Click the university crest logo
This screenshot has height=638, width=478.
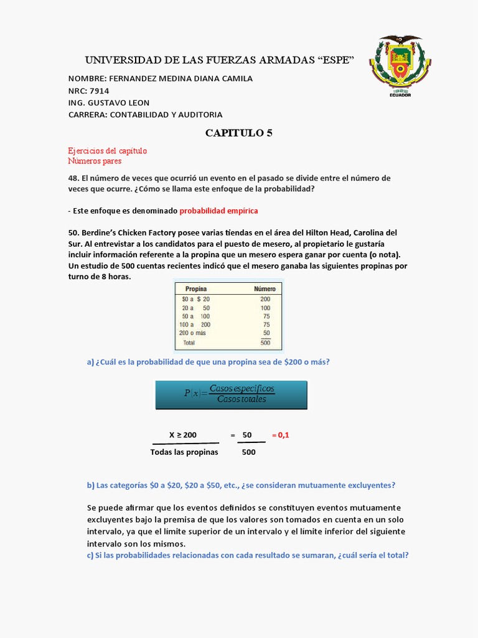[400, 62]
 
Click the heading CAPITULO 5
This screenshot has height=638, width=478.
[239, 133]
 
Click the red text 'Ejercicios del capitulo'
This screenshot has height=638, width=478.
[107, 151]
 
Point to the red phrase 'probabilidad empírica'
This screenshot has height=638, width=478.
[218, 211]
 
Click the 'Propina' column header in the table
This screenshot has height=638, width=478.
[194, 289]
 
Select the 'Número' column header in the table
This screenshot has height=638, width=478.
[265, 289]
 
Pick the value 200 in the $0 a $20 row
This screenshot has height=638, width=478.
[265, 299]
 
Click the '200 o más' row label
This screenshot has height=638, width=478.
[192, 333]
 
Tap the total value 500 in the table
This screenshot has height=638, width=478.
[265, 343]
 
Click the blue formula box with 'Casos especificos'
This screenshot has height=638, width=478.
[231, 394]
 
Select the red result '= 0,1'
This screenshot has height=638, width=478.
[280, 435]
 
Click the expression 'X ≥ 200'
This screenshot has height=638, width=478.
[183, 435]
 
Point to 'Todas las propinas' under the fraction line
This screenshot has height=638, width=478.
[184, 452]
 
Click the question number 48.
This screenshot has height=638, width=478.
[73, 178]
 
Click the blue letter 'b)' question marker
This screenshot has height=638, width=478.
[91, 485]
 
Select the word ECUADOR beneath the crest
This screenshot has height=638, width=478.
[400, 95]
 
